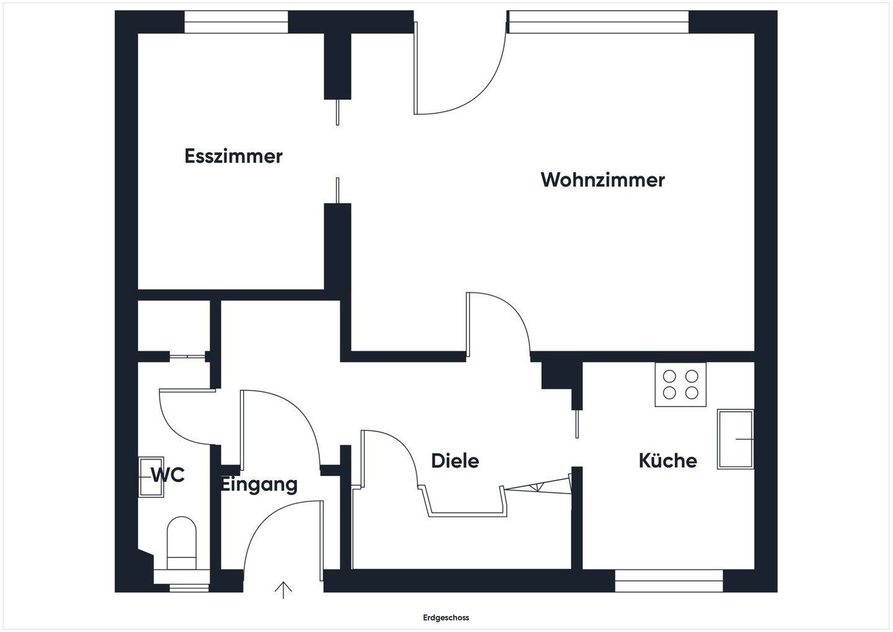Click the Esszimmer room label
pyautogui.click(x=233, y=156)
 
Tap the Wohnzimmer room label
pyautogui.click(x=602, y=180)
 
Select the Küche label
pyautogui.click(x=667, y=461)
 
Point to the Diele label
pyautogui.click(x=455, y=461)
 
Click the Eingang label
pyautogui.click(x=259, y=484)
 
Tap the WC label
pyautogui.click(x=168, y=475)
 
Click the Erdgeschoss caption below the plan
pyautogui.click(x=446, y=618)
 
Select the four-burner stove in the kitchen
pyautogui.click(x=680, y=385)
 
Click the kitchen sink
pyautogui.click(x=735, y=439)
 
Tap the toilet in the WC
pyautogui.click(x=182, y=543)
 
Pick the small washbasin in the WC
pyautogui.click(x=151, y=476)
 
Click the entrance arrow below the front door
pyautogui.click(x=283, y=590)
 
